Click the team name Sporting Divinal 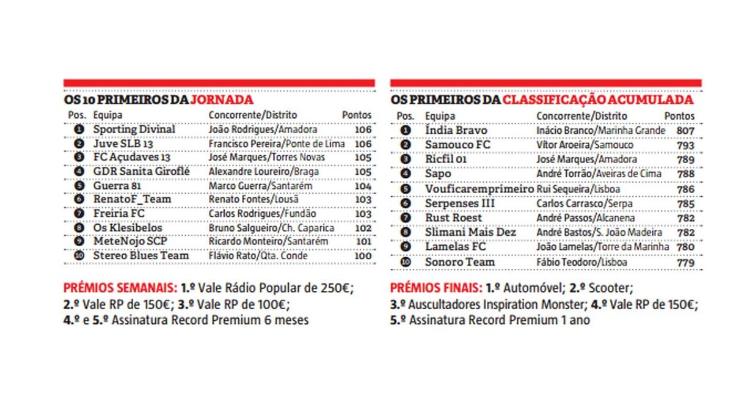[x=134, y=130]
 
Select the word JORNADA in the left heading [x=222, y=100]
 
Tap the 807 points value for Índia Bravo [x=685, y=131]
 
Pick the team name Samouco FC [x=458, y=145]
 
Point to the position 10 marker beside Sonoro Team [x=405, y=262]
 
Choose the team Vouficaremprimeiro [x=480, y=189]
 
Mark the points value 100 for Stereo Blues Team [x=363, y=256]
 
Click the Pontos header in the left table [x=357, y=115]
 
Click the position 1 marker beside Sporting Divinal [x=78, y=130]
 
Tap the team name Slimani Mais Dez [x=470, y=233]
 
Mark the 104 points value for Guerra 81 [x=363, y=186]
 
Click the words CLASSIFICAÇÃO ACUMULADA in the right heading [x=597, y=100]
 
